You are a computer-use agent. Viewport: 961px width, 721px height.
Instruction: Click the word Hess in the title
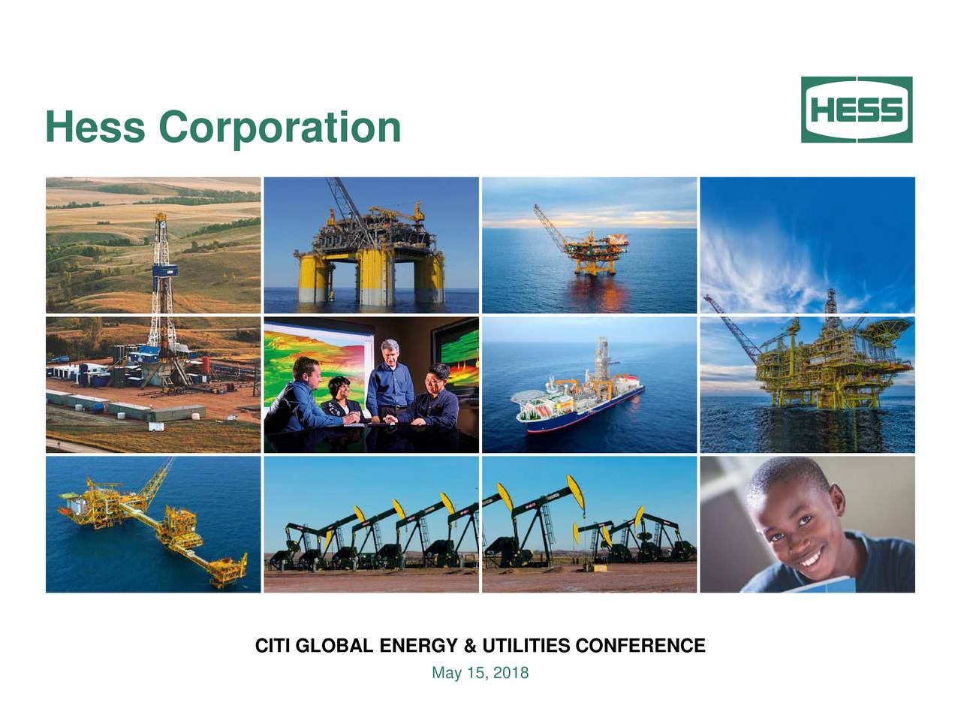pyautogui.click(x=95, y=127)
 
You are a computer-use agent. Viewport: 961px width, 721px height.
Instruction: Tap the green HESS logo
pyautogui.click(x=857, y=110)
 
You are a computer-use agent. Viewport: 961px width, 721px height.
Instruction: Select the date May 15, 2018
pyautogui.click(x=480, y=673)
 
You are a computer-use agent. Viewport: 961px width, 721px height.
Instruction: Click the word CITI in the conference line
pyautogui.click(x=274, y=646)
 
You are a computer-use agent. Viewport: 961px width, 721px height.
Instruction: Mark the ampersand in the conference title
pyautogui.click(x=471, y=646)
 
